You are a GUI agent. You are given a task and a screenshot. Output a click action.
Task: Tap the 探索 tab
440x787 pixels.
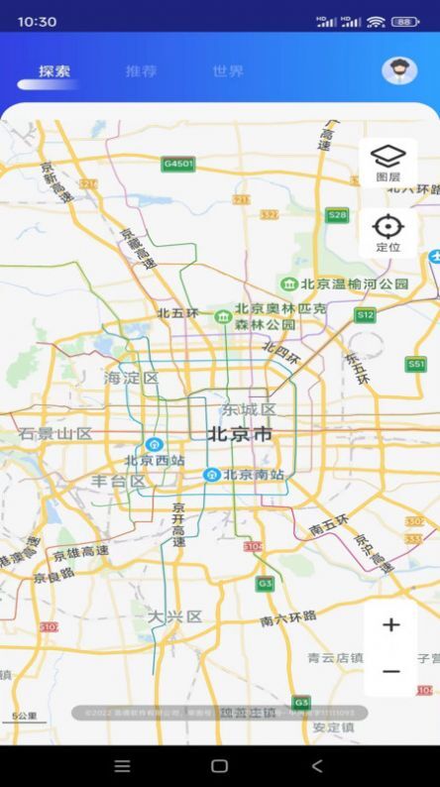click(55, 71)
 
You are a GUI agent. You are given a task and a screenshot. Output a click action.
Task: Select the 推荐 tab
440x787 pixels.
click(141, 71)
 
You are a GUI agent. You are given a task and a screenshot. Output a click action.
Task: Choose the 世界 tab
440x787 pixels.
click(228, 71)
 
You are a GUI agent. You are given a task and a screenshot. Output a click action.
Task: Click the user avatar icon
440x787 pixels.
click(398, 70)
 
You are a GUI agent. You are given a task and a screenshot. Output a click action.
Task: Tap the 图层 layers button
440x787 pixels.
click(387, 163)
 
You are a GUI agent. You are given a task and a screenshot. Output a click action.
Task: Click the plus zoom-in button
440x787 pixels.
click(390, 625)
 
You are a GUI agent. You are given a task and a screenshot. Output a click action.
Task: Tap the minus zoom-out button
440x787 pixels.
click(390, 671)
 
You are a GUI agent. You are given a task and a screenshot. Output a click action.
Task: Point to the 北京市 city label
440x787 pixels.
click(239, 434)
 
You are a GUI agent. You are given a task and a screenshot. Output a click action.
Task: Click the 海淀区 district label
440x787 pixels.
click(132, 378)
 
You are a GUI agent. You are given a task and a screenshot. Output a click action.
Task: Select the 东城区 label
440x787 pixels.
click(248, 409)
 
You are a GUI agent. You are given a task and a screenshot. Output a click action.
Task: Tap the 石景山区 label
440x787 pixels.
click(55, 434)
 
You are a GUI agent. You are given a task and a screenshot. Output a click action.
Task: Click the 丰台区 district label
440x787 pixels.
click(117, 481)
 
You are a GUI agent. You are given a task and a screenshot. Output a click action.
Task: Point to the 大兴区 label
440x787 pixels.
click(174, 616)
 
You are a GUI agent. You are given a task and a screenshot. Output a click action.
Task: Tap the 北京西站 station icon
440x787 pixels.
click(155, 444)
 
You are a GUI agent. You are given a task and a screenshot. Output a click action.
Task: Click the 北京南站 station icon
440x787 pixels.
click(211, 475)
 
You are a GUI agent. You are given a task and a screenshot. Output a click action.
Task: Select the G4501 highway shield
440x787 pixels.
click(179, 164)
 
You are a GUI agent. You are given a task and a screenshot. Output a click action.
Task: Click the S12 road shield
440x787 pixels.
click(366, 315)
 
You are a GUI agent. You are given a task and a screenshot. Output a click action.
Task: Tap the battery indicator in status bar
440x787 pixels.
click(404, 21)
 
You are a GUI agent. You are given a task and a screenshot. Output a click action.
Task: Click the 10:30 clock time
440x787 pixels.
click(37, 21)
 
